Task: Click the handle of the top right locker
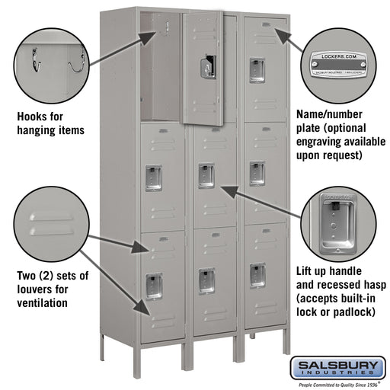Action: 257,69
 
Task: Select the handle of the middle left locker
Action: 153,177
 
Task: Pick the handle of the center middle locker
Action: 206,175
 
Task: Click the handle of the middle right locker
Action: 257,173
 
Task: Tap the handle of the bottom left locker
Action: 153,285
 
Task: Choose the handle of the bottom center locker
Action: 206,280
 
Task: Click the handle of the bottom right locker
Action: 257,275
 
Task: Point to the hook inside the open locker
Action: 162,29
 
